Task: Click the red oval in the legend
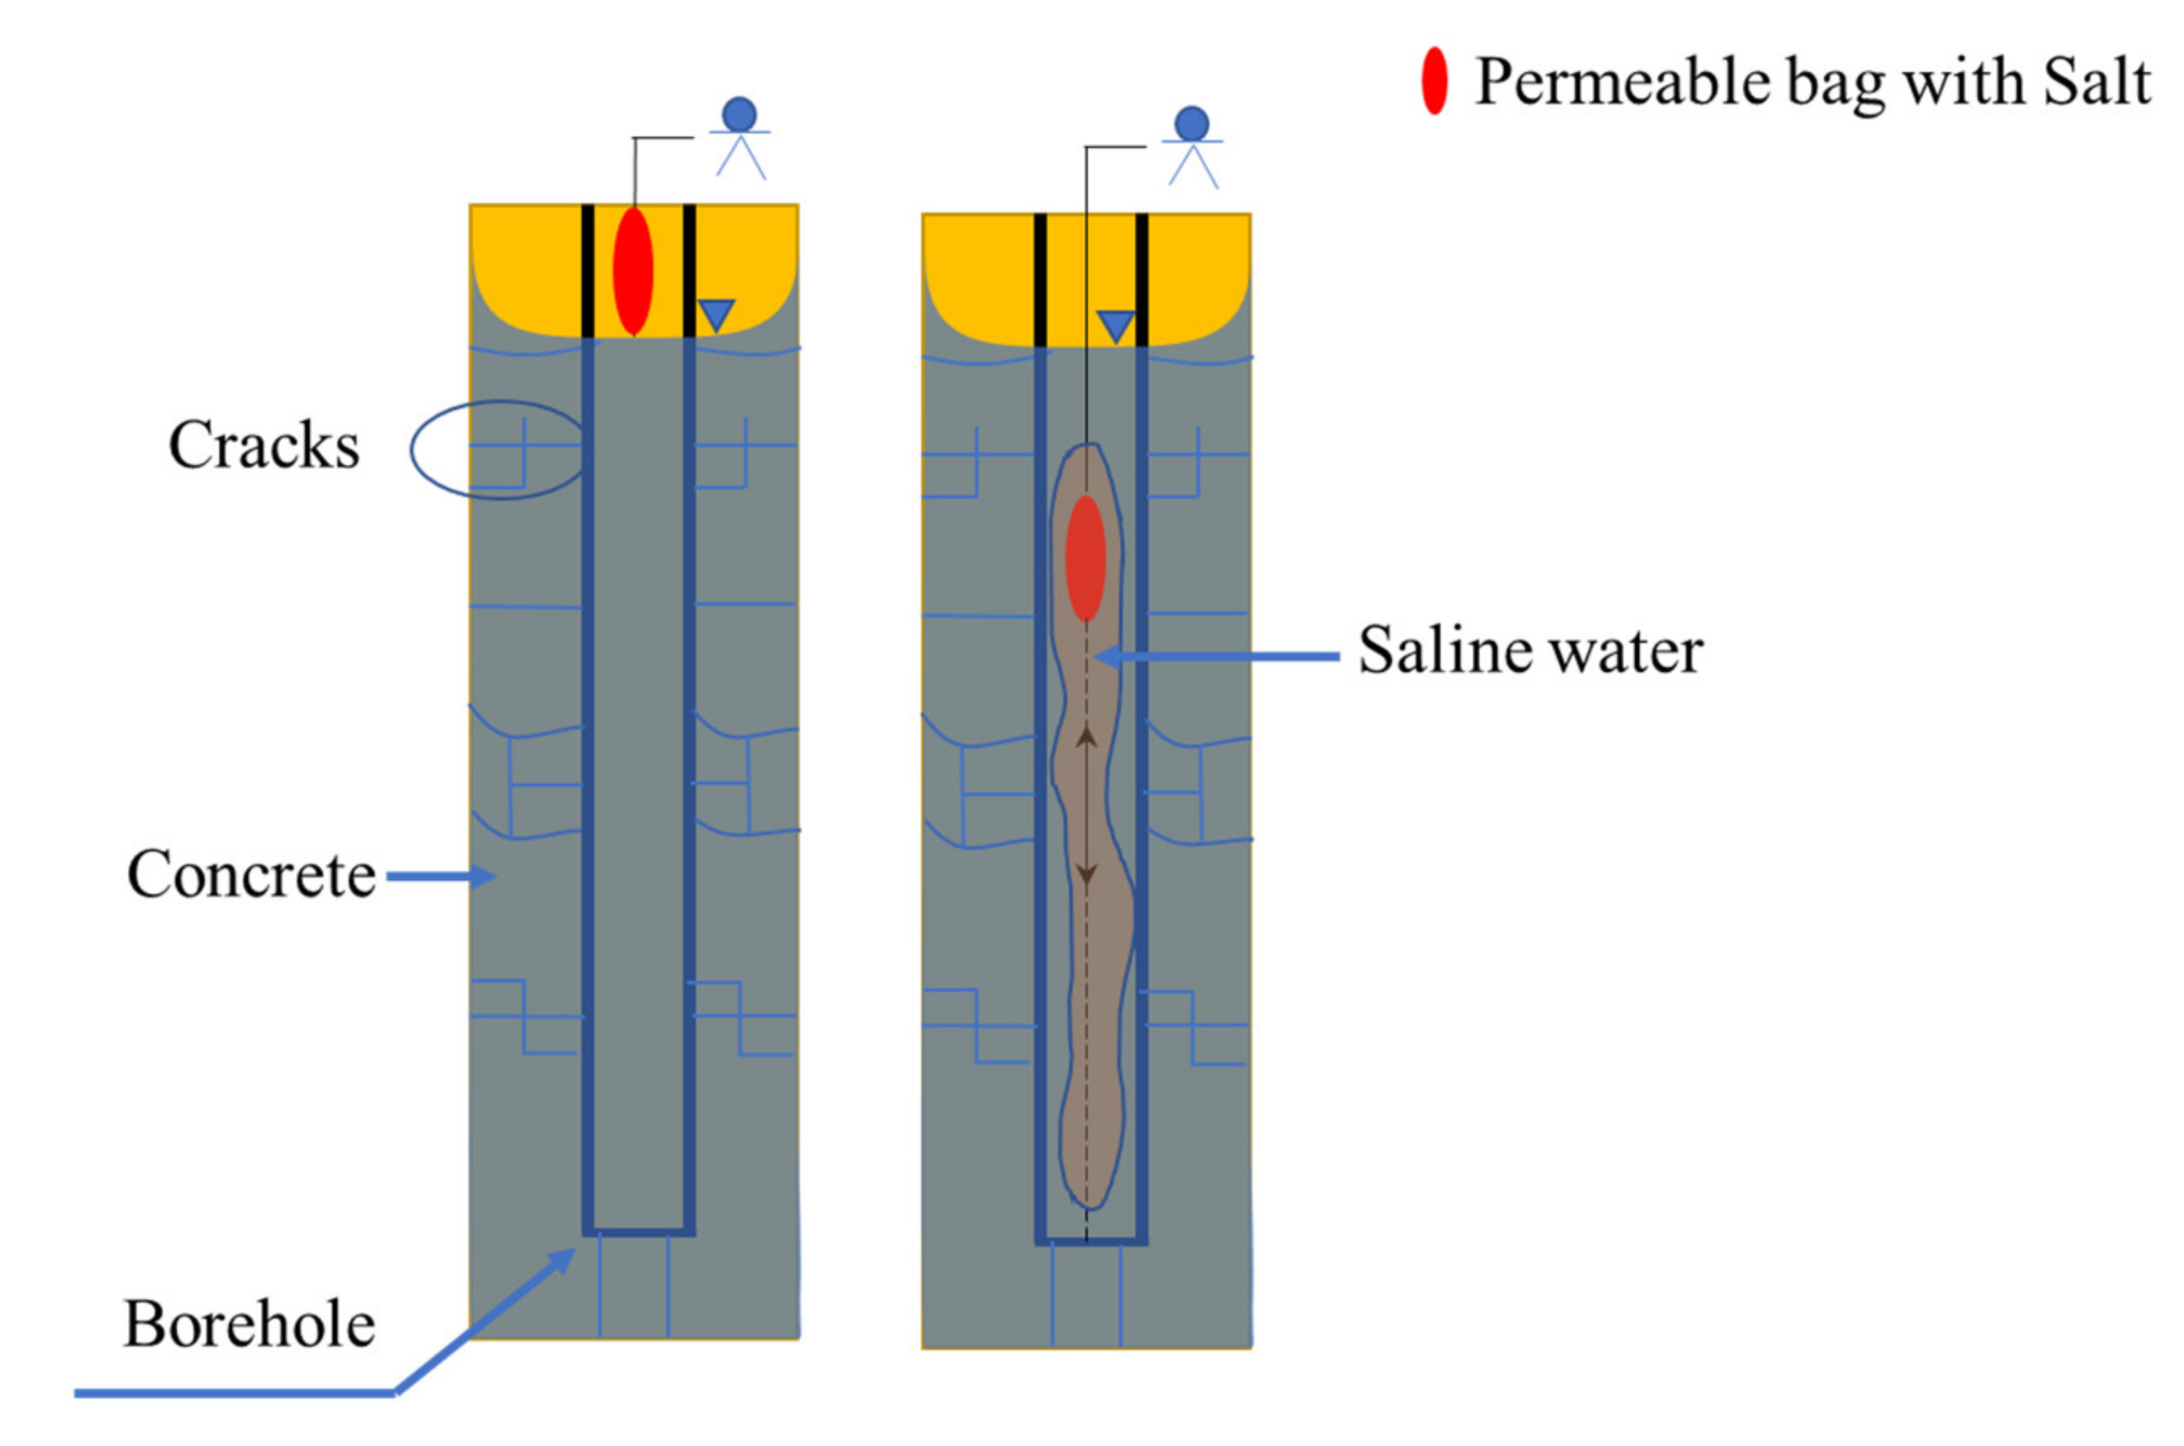click(x=1433, y=81)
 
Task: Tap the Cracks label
click(x=264, y=446)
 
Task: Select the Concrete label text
click(x=251, y=873)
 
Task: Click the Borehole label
click(x=249, y=1324)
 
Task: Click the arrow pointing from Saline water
click(x=1217, y=657)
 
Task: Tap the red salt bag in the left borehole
click(x=633, y=271)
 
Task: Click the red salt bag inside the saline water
click(x=1086, y=559)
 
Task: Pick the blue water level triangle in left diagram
click(x=716, y=315)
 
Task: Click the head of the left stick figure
click(x=739, y=114)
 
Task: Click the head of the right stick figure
click(x=1191, y=124)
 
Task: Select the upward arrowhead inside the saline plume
click(x=1086, y=736)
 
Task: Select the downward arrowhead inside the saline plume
click(x=1086, y=874)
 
